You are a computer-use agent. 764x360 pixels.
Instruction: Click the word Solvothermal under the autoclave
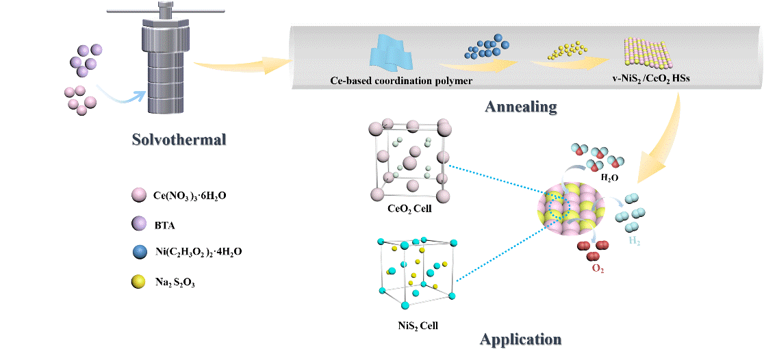(x=179, y=142)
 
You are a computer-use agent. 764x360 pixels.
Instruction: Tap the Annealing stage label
(x=521, y=107)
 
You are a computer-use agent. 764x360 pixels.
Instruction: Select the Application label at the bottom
(x=522, y=339)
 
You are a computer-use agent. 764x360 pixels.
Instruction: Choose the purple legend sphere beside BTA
(x=138, y=224)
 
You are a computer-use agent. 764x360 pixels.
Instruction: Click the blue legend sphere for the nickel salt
(x=138, y=252)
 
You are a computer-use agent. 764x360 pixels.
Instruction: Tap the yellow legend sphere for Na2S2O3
(x=138, y=281)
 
